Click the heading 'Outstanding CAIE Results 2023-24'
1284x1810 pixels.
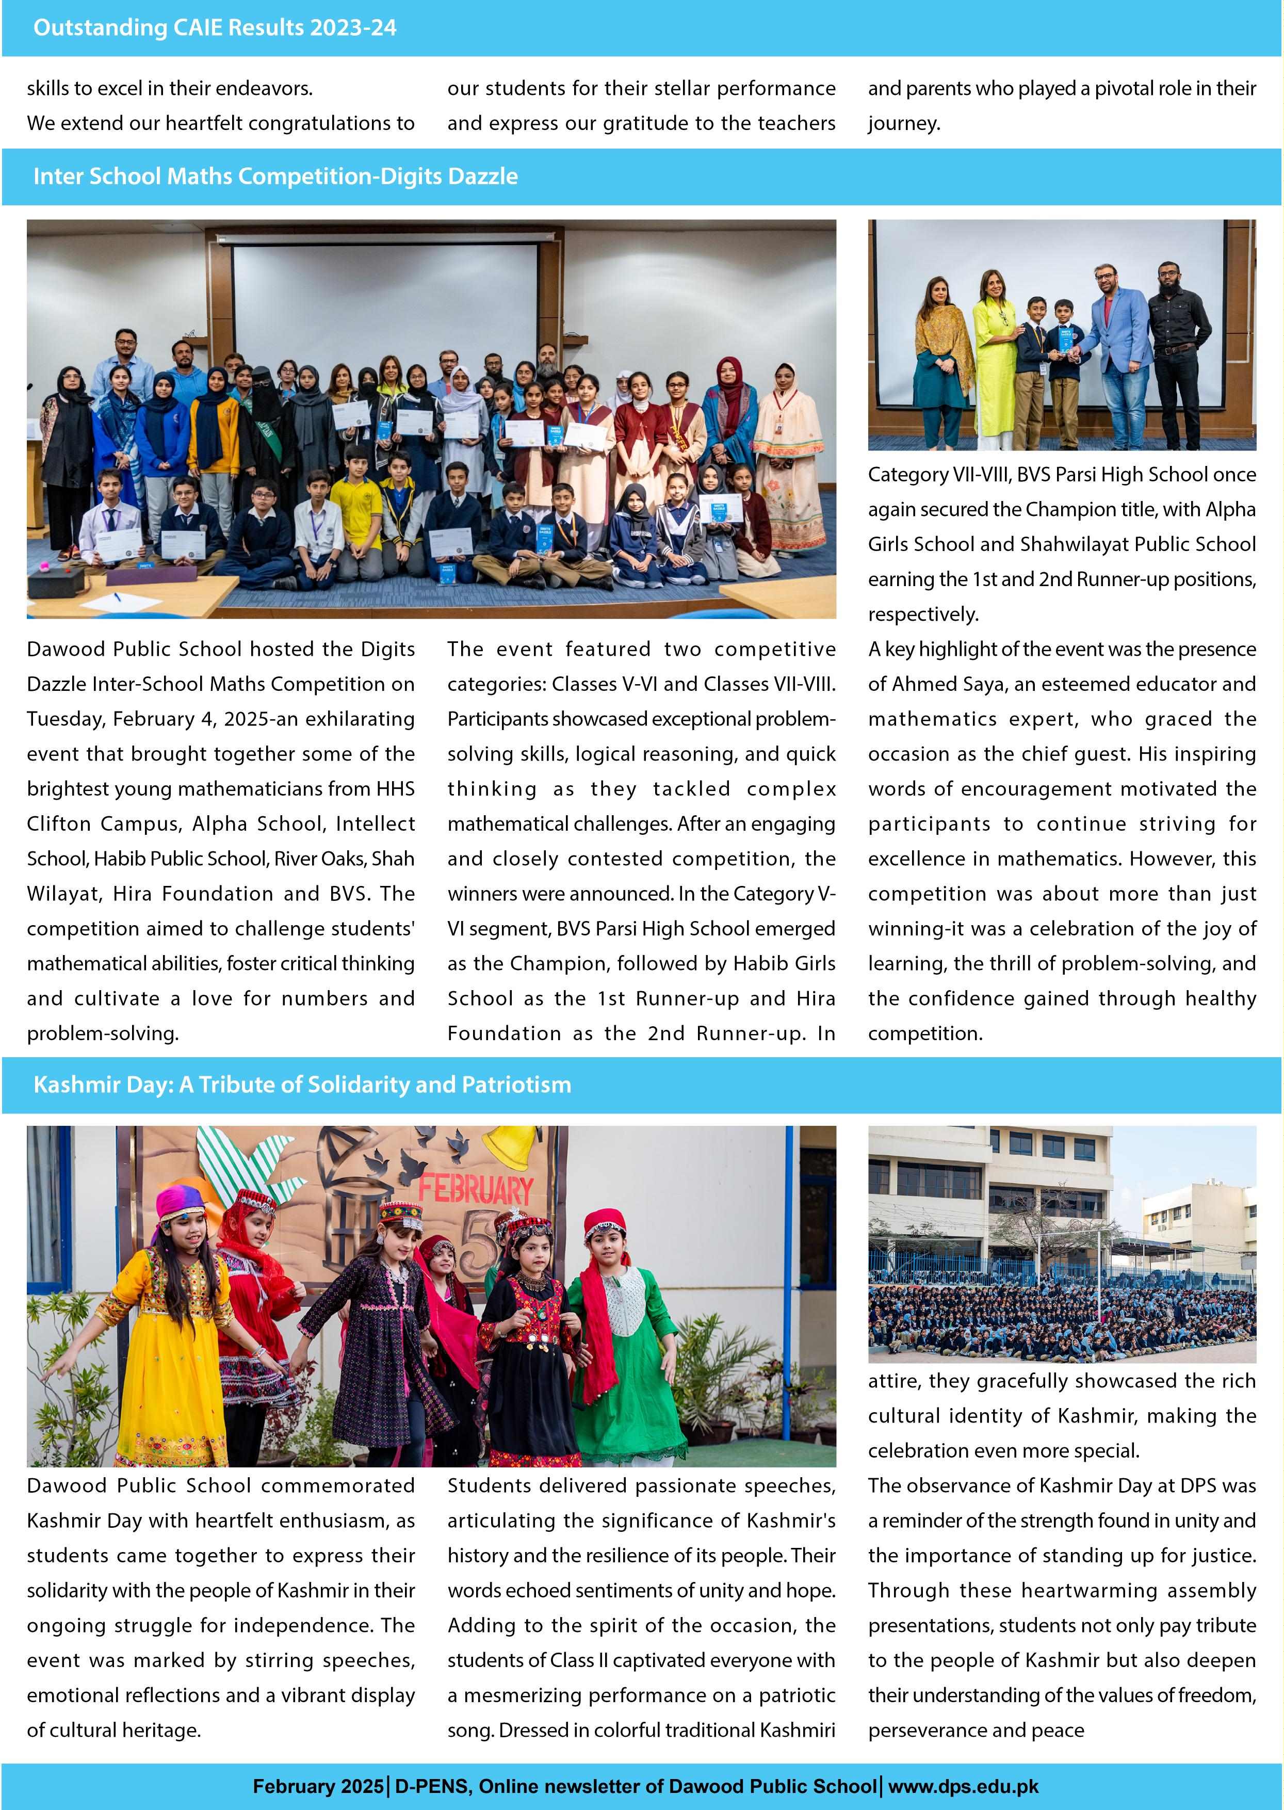point(214,28)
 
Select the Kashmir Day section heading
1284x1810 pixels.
point(302,1084)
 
